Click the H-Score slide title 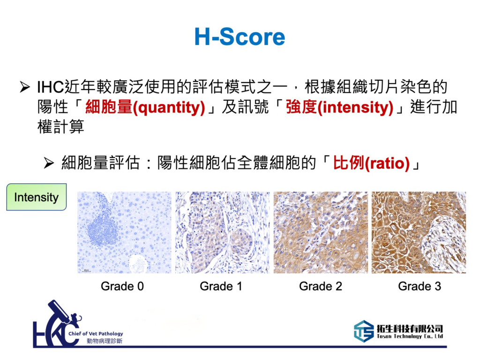point(240,37)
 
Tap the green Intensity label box point(37,197)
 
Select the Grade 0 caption point(122,286)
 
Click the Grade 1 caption point(221,286)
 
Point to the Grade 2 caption point(321,286)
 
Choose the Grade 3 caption point(420,286)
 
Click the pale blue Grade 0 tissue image point(124,232)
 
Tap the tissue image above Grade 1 point(223,232)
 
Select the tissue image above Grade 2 point(321,232)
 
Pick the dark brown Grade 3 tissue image point(419,232)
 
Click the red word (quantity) point(169,107)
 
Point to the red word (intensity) point(356,107)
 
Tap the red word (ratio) point(387,163)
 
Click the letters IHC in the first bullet point(50,87)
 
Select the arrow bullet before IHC point(24,87)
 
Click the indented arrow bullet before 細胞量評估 point(49,163)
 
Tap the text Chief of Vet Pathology point(96,334)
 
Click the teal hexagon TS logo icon point(364,331)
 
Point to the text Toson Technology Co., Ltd point(410,337)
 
